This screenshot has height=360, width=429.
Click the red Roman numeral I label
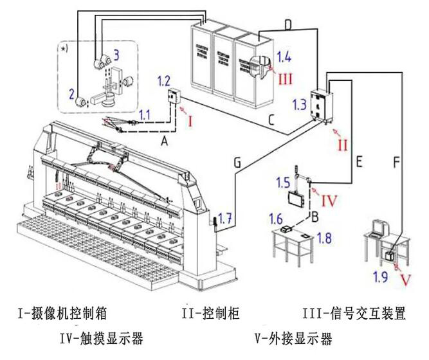click(190, 120)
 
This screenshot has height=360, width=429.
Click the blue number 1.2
click(163, 82)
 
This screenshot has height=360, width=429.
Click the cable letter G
click(237, 164)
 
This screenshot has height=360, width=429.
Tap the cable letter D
click(288, 24)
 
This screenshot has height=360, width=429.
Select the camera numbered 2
click(82, 102)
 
